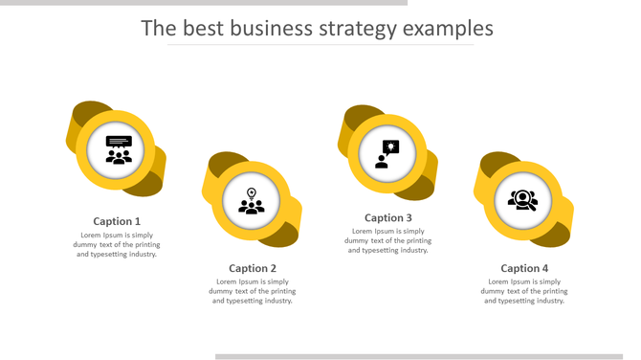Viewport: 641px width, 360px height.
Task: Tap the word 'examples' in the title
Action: (x=449, y=29)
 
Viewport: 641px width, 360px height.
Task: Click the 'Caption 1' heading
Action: (x=117, y=221)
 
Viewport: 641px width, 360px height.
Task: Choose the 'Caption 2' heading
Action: (x=253, y=268)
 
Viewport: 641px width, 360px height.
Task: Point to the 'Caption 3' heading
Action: (x=388, y=217)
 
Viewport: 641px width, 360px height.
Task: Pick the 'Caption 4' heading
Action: (x=525, y=268)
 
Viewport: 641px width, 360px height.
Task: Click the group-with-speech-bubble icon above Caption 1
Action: (x=118, y=150)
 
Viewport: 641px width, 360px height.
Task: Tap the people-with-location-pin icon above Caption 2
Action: (x=252, y=201)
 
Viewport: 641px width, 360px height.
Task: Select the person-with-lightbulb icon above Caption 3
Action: (x=387, y=153)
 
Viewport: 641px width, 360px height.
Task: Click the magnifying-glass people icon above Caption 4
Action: (x=523, y=200)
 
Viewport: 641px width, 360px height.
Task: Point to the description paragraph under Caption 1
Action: (x=117, y=244)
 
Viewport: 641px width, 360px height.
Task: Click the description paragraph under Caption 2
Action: (x=253, y=291)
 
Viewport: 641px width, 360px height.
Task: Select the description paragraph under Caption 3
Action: (x=388, y=240)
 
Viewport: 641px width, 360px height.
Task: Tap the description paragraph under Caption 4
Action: (x=525, y=291)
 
